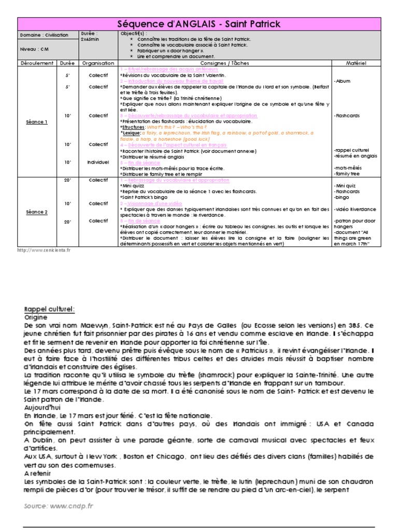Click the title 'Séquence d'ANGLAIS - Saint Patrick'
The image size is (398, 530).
(x=198, y=24)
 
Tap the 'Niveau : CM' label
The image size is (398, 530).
(x=33, y=50)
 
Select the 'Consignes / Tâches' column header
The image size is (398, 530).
(x=224, y=63)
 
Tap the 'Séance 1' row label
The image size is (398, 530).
(x=37, y=122)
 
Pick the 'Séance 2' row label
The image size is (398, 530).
(x=37, y=212)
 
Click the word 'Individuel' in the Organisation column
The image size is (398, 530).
(x=98, y=162)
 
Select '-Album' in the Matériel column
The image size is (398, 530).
(x=343, y=81)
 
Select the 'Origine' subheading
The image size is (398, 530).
(x=36, y=317)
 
